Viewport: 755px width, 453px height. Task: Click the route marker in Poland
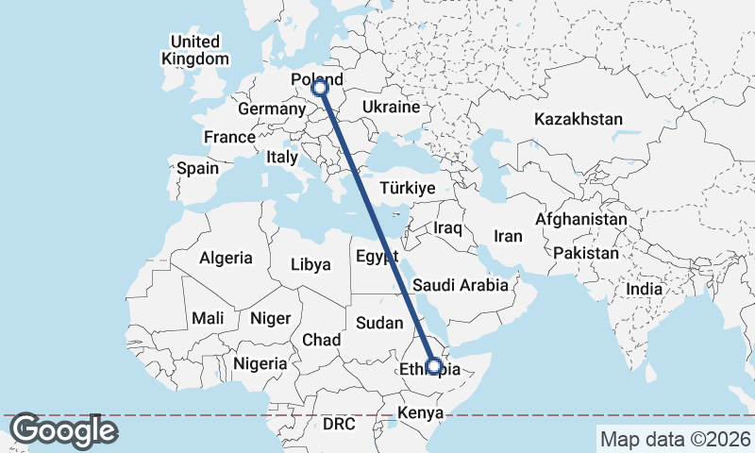(x=320, y=88)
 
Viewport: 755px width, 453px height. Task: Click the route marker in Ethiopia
(x=434, y=365)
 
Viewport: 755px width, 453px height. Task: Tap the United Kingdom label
(x=195, y=50)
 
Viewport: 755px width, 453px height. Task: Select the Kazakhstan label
(x=579, y=120)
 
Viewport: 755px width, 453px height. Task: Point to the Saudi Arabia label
(x=461, y=284)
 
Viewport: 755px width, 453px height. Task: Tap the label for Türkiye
(x=407, y=188)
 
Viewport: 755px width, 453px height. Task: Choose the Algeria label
(x=226, y=258)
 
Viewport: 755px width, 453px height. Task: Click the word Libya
(x=310, y=265)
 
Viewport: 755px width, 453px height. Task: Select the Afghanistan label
(x=580, y=219)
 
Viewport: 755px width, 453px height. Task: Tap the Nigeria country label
(x=260, y=363)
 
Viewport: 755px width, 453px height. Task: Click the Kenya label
(x=420, y=412)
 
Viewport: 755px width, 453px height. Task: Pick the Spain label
(x=197, y=169)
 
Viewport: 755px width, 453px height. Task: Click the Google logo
(x=63, y=431)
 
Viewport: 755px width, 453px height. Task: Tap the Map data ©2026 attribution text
(x=675, y=439)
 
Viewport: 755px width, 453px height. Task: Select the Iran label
(x=508, y=236)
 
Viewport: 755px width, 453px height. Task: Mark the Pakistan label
(x=586, y=254)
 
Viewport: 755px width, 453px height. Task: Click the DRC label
(x=339, y=425)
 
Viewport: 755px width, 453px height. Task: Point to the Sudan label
(x=379, y=323)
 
